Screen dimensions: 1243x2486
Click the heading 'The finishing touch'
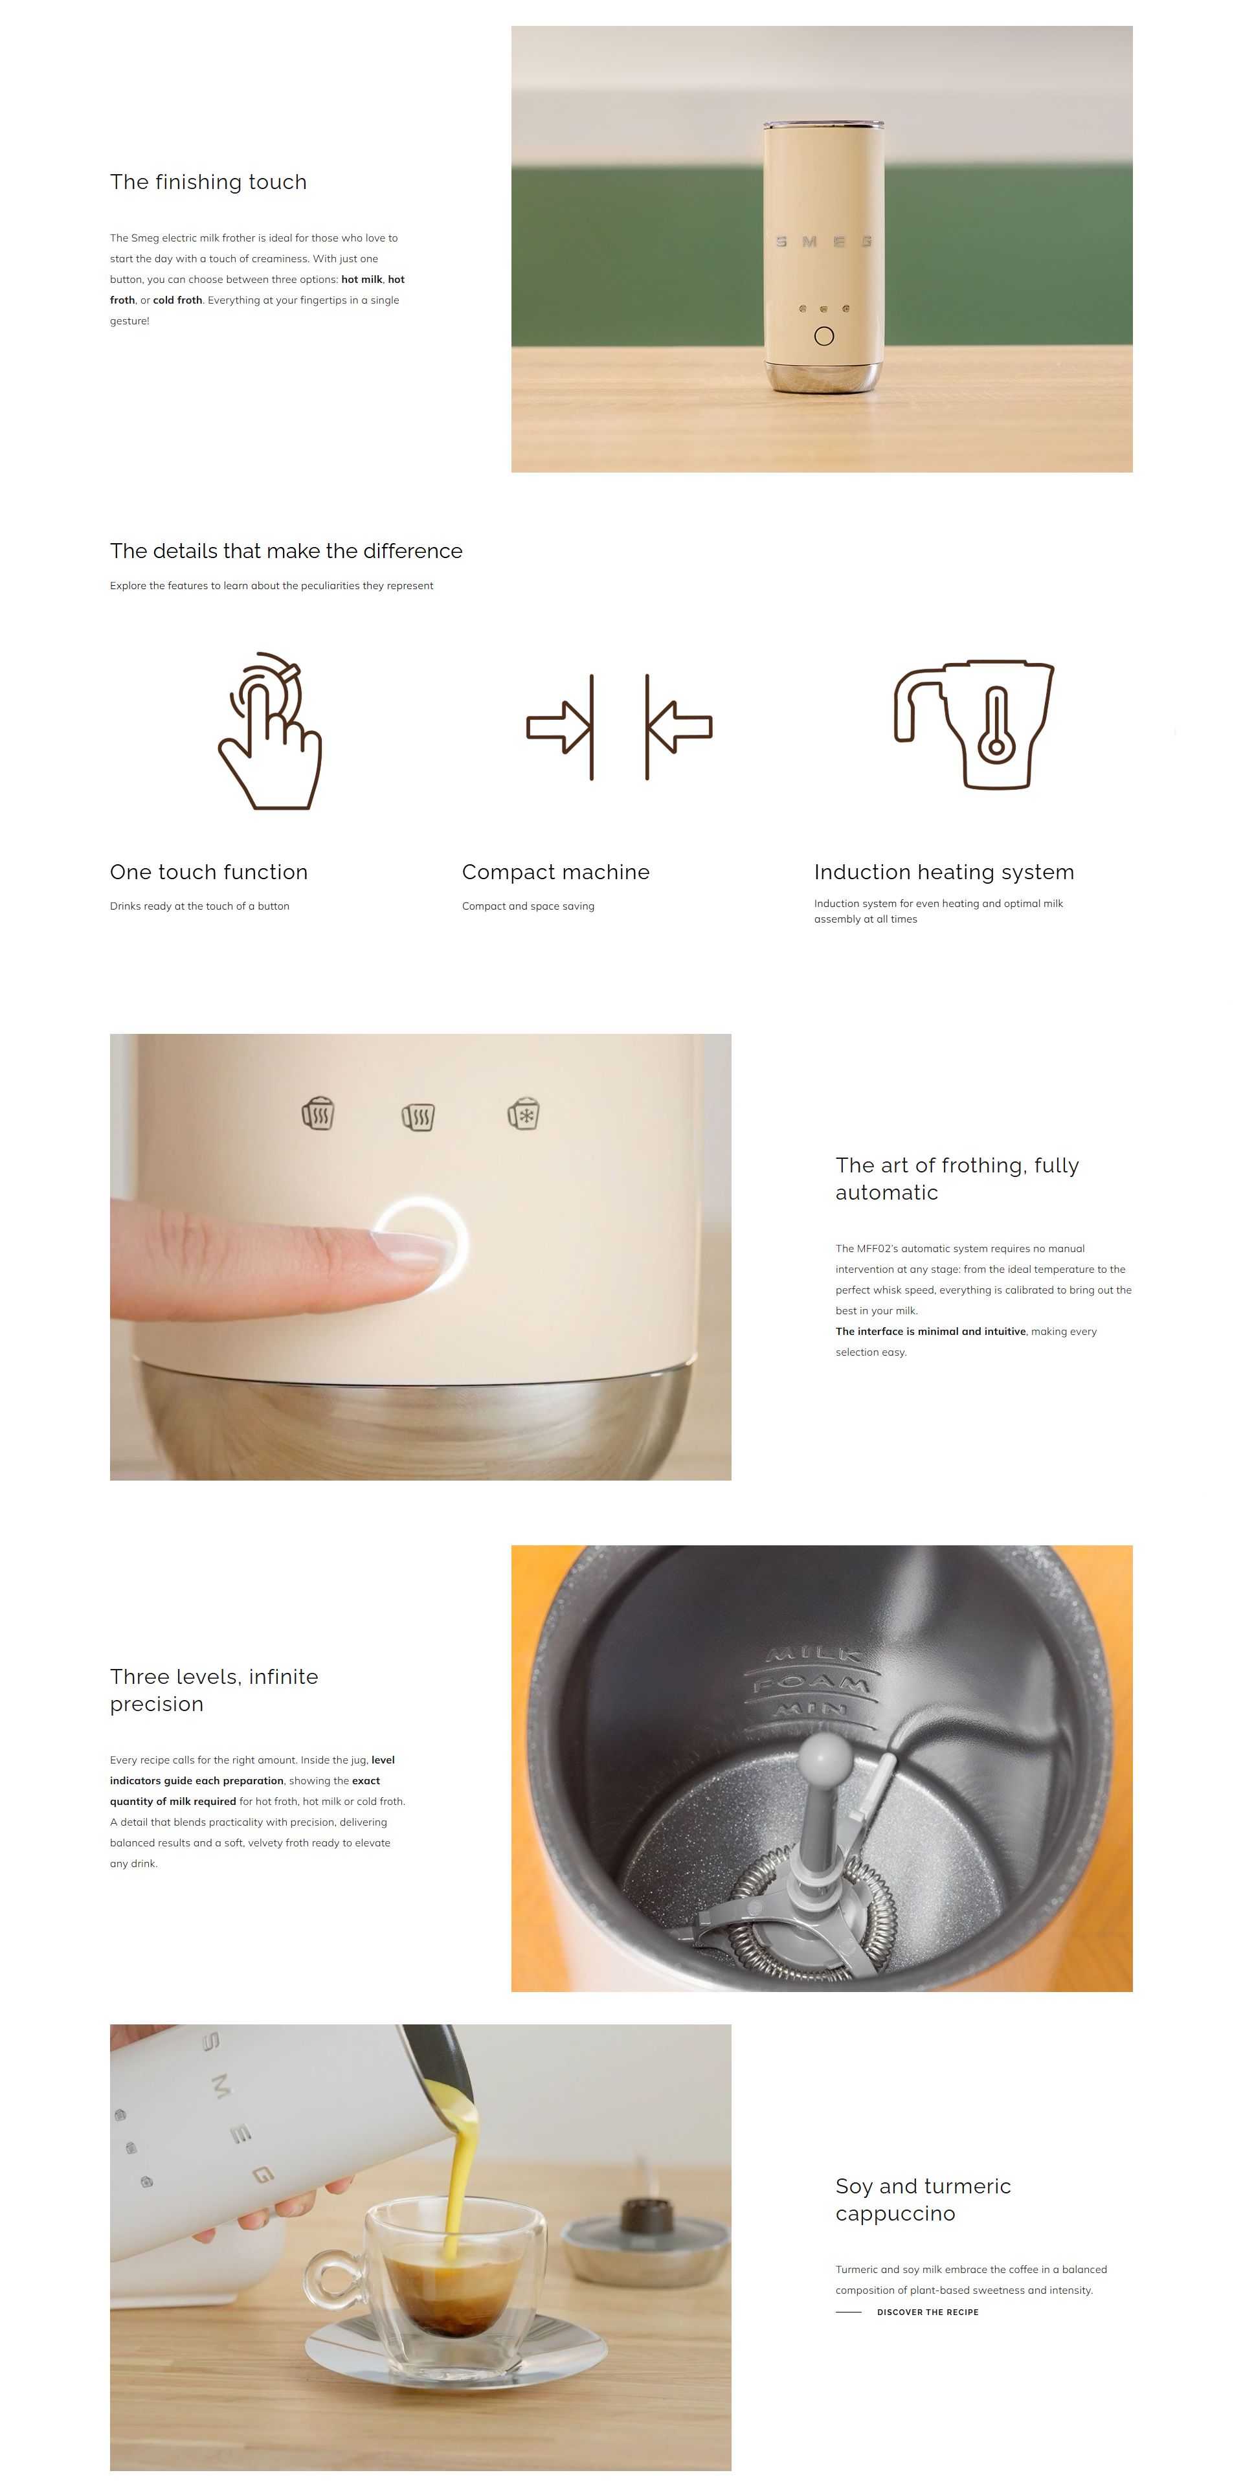point(208,183)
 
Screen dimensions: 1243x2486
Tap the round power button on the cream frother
point(824,336)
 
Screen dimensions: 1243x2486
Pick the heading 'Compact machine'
point(556,873)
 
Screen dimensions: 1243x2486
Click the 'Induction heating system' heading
point(944,873)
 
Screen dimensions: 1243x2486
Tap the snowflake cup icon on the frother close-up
point(523,1113)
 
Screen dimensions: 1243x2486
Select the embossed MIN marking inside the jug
point(812,1710)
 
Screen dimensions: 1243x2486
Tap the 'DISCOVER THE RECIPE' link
point(928,2312)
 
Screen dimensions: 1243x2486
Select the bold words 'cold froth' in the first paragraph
point(177,300)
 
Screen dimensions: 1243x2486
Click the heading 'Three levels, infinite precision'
point(214,1690)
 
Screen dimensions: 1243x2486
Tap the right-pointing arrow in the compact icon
point(558,726)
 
